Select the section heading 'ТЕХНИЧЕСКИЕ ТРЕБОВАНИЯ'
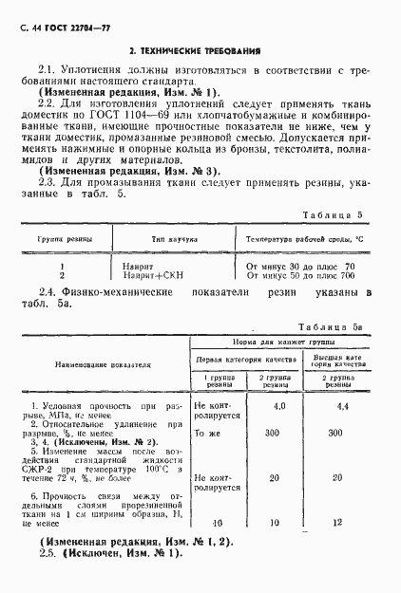point(200,49)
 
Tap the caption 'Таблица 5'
point(339,216)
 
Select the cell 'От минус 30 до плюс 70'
point(300,266)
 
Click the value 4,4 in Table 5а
point(343,406)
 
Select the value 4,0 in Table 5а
point(279,406)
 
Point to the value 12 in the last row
point(343,523)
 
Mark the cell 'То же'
point(207,433)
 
